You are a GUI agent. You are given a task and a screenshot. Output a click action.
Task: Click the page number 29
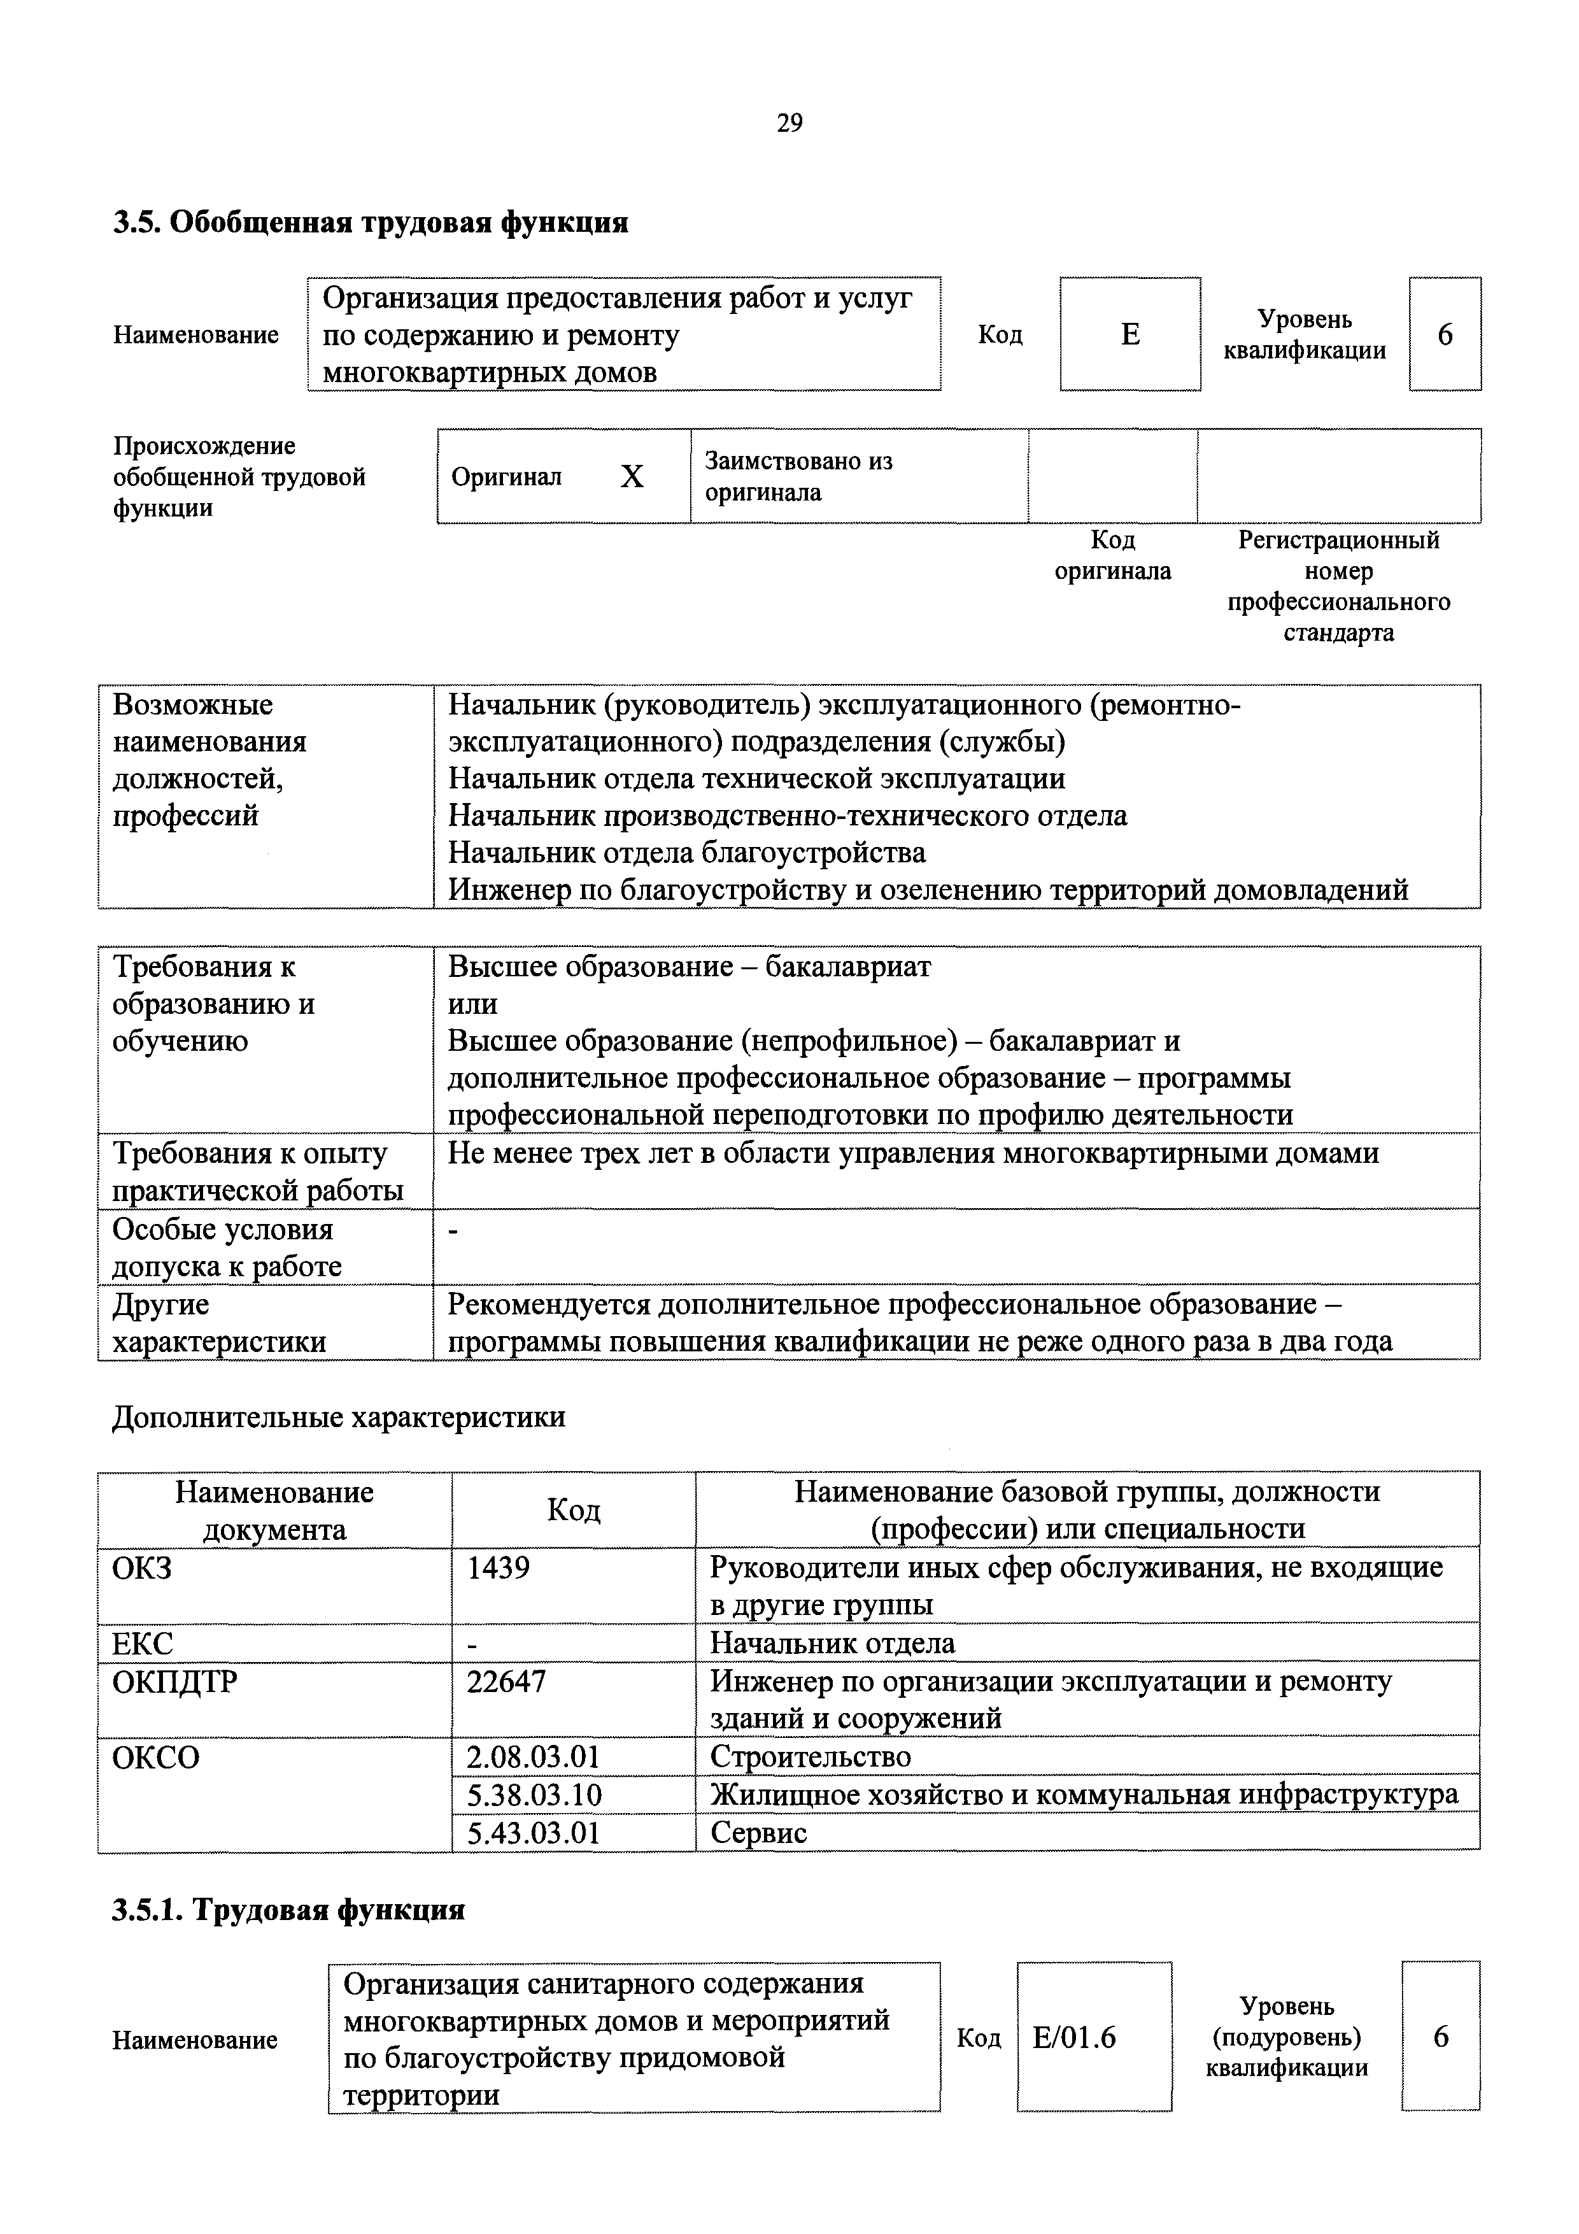pos(789,123)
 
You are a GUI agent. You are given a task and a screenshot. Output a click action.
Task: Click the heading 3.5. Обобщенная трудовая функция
pos(371,223)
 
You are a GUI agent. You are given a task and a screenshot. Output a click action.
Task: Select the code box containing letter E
pos(1129,334)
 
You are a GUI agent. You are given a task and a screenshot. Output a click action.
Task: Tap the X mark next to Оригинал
pos(632,477)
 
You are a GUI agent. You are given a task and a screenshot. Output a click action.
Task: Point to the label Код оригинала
pos(1112,555)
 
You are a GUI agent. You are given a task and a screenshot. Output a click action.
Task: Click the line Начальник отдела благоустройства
pos(687,852)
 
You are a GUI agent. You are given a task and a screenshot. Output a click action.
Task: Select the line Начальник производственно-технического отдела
pos(787,815)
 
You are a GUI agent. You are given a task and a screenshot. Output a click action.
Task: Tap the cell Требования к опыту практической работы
pos(258,1172)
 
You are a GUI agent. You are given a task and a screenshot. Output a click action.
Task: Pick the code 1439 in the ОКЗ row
pos(498,1567)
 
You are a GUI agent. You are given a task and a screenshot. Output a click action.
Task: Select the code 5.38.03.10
pos(534,1793)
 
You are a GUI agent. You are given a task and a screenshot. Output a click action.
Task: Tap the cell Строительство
pos(811,1756)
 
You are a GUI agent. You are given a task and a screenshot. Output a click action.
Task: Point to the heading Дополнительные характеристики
pos(339,1417)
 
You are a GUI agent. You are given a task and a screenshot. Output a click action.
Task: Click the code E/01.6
pos(1074,2037)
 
